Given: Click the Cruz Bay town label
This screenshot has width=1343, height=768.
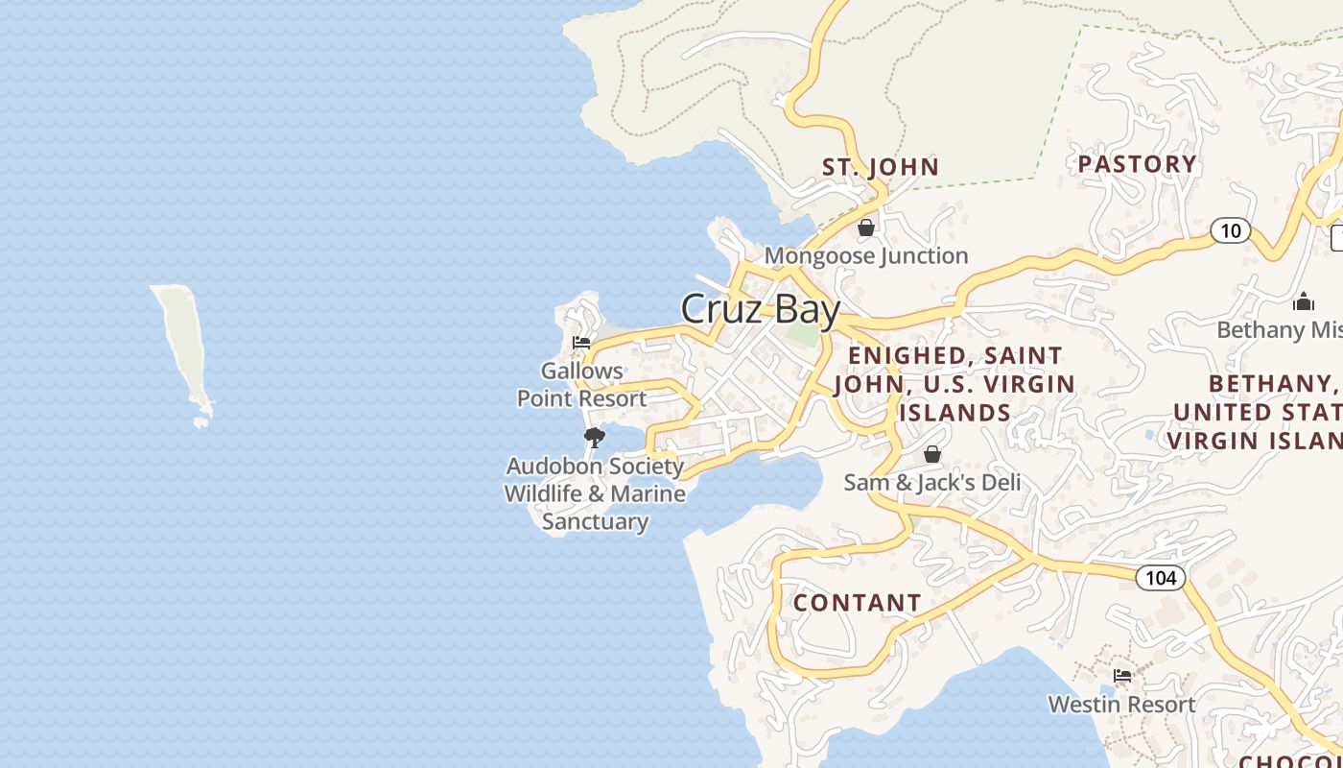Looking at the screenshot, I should tap(760, 309).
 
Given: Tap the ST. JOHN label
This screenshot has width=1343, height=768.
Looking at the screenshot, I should tap(881, 167).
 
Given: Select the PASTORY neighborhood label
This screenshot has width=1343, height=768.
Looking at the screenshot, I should tap(1137, 164).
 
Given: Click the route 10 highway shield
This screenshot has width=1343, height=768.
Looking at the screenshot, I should tap(1231, 230).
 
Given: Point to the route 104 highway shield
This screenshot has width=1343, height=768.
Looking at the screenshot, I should tap(1161, 578).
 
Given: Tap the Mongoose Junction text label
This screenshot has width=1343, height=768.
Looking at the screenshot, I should tap(866, 256).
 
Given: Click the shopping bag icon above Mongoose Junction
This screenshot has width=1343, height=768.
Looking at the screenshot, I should tap(866, 228).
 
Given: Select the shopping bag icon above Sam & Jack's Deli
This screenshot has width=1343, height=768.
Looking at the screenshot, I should tap(932, 454).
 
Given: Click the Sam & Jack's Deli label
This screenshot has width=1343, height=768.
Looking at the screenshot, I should tap(932, 482).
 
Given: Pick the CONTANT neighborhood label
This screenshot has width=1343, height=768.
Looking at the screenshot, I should tap(857, 603).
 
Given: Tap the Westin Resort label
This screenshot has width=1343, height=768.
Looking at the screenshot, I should tap(1121, 704).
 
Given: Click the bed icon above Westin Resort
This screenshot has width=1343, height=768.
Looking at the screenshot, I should tap(1121, 676).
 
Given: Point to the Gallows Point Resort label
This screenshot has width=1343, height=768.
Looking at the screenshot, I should tap(582, 384).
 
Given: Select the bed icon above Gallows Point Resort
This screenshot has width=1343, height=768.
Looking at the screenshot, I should tap(581, 342).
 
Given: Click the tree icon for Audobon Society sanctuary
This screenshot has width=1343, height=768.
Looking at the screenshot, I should tap(595, 438).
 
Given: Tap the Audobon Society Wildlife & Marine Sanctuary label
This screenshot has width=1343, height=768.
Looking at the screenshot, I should tap(595, 493).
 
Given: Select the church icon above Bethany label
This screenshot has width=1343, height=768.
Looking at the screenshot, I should tap(1303, 302).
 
